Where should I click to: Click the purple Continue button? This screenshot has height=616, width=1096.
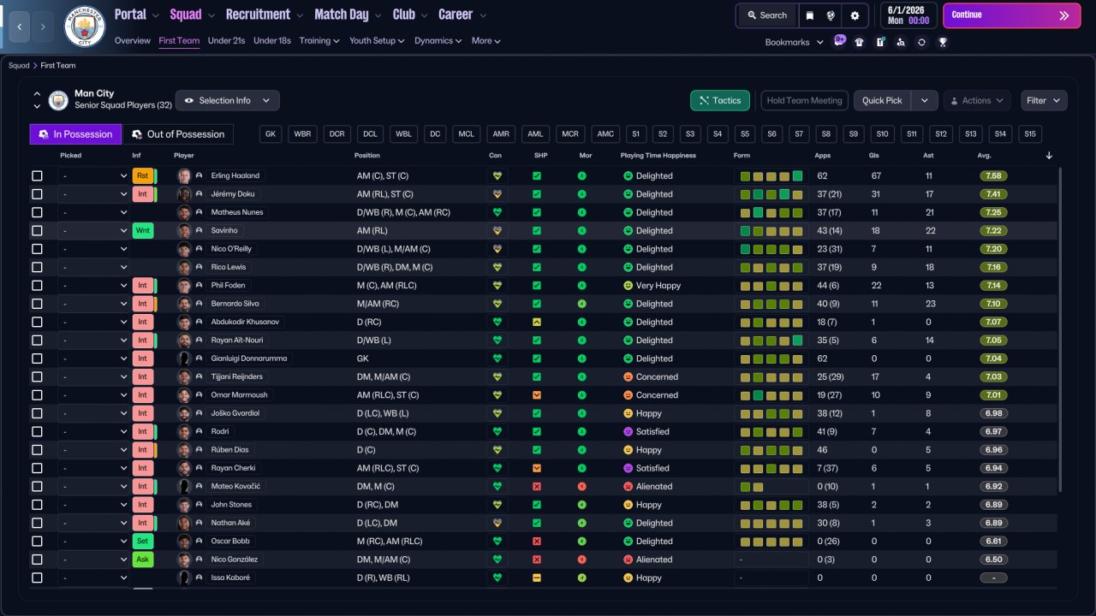pyautogui.click(x=1011, y=15)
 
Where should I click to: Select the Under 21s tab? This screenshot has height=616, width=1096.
pyautogui.click(x=226, y=40)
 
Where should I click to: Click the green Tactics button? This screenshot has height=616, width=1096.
pyautogui.click(x=720, y=100)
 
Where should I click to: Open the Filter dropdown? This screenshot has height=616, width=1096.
pyautogui.click(x=1044, y=100)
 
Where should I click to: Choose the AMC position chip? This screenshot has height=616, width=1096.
pyautogui.click(x=605, y=134)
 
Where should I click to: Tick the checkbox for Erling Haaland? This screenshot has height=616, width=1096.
pyautogui.click(x=37, y=175)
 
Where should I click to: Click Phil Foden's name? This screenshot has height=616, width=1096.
pyautogui.click(x=228, y=286)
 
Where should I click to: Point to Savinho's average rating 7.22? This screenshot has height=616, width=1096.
pyautogui.click(x=993, y=231)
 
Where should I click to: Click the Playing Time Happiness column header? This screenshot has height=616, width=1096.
pyautogui.click(x=658, y=156)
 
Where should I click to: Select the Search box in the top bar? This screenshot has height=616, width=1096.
pyautogui.click(x=767, y=15)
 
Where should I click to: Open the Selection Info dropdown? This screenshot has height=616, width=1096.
pyautogui.click(x=228, y=100)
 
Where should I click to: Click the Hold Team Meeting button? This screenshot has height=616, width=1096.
pyautogui.click(x=804, y=100)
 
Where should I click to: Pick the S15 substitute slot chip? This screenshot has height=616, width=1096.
pyautogui.click(x=1030, y=134)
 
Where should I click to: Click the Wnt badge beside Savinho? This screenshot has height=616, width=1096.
pyautogui.click(x=143, y=231)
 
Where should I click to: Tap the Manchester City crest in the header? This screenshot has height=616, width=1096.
pyautogui.click(x=85, y=27)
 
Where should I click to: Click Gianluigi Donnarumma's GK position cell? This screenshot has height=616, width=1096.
pyautogui.click(x=362, y=358)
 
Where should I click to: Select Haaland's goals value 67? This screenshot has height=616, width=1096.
pyautogui.click(x=876, y=176)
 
